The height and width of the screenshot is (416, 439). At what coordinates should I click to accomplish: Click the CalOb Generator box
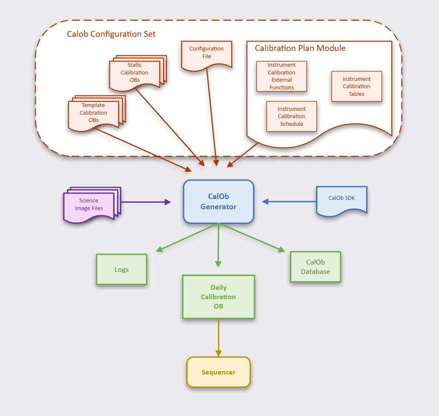coord(219,202)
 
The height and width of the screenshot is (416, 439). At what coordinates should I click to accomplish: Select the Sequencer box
coord(218,372)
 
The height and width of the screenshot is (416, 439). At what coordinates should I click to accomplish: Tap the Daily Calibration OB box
coord(218,297)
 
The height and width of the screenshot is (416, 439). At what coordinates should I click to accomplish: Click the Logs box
coord(121,270)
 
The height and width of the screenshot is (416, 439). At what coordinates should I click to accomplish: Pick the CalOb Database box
coord(315,267)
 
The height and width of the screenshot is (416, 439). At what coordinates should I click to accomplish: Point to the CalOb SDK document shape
coord(341,199)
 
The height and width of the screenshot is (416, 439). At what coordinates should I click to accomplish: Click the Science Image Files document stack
coord(89,205)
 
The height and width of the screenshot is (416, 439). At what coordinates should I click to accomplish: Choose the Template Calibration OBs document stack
coord(94,113)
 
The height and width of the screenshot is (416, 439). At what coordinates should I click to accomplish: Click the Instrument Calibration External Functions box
coord(281,76)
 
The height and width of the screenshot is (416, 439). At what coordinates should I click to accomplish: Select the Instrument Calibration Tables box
coord(356,86)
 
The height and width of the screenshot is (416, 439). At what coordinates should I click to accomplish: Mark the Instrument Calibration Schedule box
coord(291,116)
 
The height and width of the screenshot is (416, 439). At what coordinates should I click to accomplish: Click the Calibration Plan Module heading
coord(300,48)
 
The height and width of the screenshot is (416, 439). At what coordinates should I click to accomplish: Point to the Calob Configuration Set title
coord(111,34)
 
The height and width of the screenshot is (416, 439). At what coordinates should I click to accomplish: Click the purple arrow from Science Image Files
coord(145,202)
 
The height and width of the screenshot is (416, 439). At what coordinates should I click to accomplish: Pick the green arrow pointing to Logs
coord(188,237)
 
